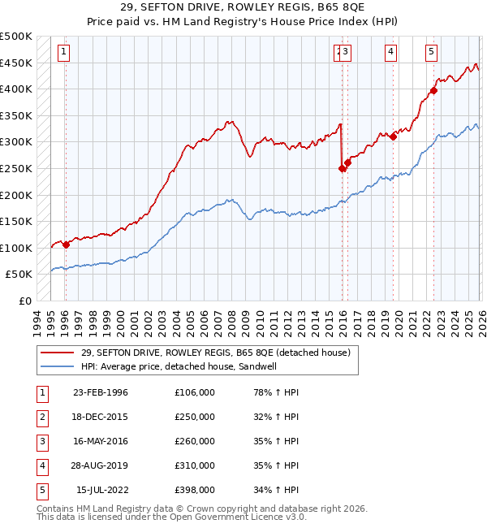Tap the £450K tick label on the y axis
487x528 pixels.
click(16, 63)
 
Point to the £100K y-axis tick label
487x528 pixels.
click(16, 248)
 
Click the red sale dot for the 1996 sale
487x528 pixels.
click(66, 245)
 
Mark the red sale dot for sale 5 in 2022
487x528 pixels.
click(433, 90)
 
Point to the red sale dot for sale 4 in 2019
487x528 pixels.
click(393, 136)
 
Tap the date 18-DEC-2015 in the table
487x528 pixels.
click(100, 417)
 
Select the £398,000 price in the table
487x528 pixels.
click(195, 490)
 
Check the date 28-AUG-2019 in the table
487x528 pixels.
click(100, 465)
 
